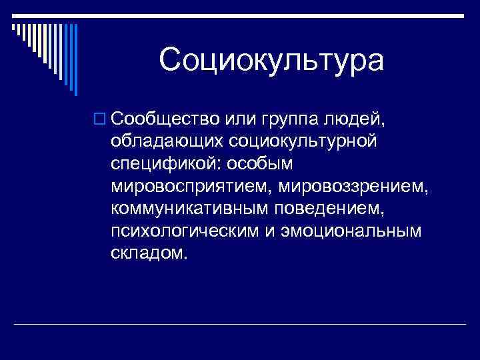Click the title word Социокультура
(271, 61)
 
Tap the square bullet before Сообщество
(100, 119)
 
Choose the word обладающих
(169, 141)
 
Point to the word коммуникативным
(188, 209)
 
